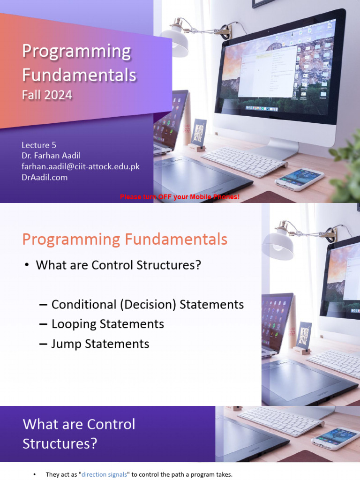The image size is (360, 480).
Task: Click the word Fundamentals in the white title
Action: tap(79, 75)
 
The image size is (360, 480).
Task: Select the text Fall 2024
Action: tap(47, 95)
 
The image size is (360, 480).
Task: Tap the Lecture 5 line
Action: tap(39, 145)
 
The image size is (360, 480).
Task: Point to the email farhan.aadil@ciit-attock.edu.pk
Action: tap(81, 167)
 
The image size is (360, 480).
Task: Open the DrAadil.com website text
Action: tap(45, 177)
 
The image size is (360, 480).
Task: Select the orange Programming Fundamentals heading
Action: tap(125, 240)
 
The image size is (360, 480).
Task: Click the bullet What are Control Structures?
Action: tap(118, 265)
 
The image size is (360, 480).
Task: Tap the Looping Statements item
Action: tap(107, 324)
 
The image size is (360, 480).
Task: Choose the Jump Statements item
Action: tap(100, 344)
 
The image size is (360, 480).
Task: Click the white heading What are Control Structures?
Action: tap(79, 434)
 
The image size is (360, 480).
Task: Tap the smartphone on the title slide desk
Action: tap(299, 179)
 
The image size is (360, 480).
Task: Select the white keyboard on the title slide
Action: tap(244, 161)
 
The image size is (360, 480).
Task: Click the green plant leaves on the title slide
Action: tap(347, 169)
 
